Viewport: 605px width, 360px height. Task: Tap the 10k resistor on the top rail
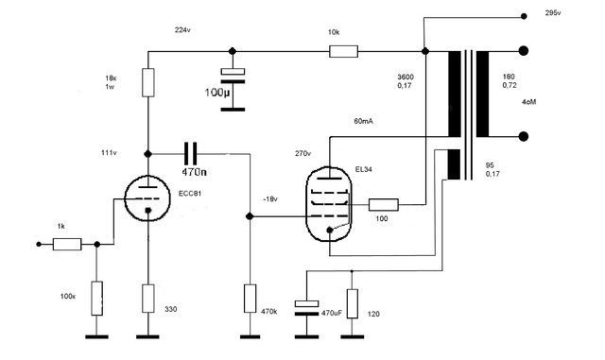coord(343,51)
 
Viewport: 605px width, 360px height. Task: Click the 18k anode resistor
coord(148,82)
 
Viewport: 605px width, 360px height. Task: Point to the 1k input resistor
coord(67,244)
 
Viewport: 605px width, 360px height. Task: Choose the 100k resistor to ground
coord(96,299)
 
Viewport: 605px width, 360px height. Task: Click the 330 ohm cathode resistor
coord(148,299)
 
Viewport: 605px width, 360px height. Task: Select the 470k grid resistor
coord(250,299)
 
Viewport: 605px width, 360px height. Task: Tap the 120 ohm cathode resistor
coord(352,303)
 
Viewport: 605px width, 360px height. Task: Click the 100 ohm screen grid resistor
coord(384,205)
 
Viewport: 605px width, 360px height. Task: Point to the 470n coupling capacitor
coord(190,154)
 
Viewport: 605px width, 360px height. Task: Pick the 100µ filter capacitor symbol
coord(233,76)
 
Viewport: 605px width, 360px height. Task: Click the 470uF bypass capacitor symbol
coord(306,308)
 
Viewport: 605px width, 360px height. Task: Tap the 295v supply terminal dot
coord(524,16)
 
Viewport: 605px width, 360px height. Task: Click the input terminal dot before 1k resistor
coord(39,244)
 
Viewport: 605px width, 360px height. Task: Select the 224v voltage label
coord(182,30)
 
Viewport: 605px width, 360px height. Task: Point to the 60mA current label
coord(363,121)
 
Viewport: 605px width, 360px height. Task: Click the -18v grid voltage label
coord(269,199)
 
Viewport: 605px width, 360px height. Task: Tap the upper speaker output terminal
coord(523,51)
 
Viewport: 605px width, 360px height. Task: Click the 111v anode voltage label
coord(109,153)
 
